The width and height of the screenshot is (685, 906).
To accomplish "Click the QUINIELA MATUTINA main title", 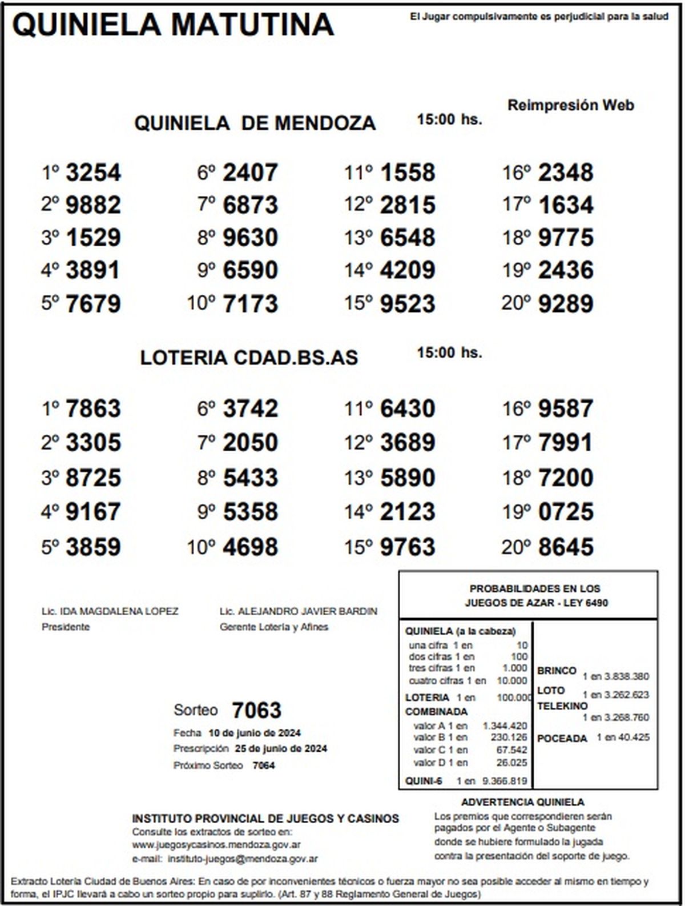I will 172,25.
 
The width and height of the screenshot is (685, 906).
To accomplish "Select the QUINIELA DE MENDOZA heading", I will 255,123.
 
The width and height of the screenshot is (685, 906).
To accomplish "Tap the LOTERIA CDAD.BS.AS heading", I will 249,358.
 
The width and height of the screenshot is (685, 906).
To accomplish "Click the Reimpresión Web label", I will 570,106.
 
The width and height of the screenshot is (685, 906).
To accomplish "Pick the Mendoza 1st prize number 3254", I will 93,173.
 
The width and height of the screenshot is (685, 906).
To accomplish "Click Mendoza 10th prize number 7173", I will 250,304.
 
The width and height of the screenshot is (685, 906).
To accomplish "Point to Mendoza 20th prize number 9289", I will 566,304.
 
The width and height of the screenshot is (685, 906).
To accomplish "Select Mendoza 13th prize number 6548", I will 408,238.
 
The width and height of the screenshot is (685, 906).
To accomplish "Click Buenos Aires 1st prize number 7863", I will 93,409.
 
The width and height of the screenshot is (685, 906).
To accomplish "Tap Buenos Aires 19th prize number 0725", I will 566,512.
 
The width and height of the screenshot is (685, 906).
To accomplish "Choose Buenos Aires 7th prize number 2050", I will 250,443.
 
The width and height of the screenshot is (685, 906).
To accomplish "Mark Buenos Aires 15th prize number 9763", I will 408,547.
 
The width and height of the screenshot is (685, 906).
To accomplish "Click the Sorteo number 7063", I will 256,711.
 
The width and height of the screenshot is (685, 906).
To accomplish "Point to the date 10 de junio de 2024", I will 255,733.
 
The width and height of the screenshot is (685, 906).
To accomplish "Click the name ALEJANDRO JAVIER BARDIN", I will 307,611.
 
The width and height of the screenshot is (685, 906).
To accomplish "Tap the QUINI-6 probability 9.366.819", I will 505,781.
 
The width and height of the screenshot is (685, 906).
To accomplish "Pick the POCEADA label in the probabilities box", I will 562,739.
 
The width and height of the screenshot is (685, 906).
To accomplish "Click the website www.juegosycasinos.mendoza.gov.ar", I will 216,845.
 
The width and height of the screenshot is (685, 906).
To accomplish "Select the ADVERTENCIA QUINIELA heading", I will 522,802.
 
